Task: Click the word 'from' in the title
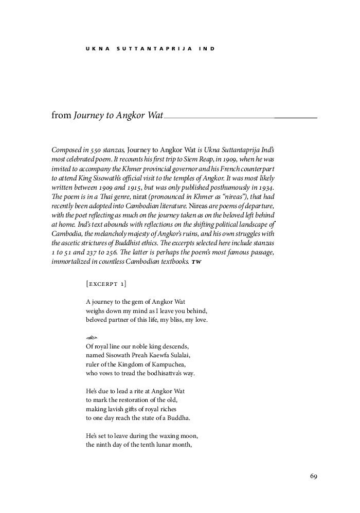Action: coord(61,116)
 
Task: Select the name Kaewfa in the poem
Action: coord(159,355)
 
